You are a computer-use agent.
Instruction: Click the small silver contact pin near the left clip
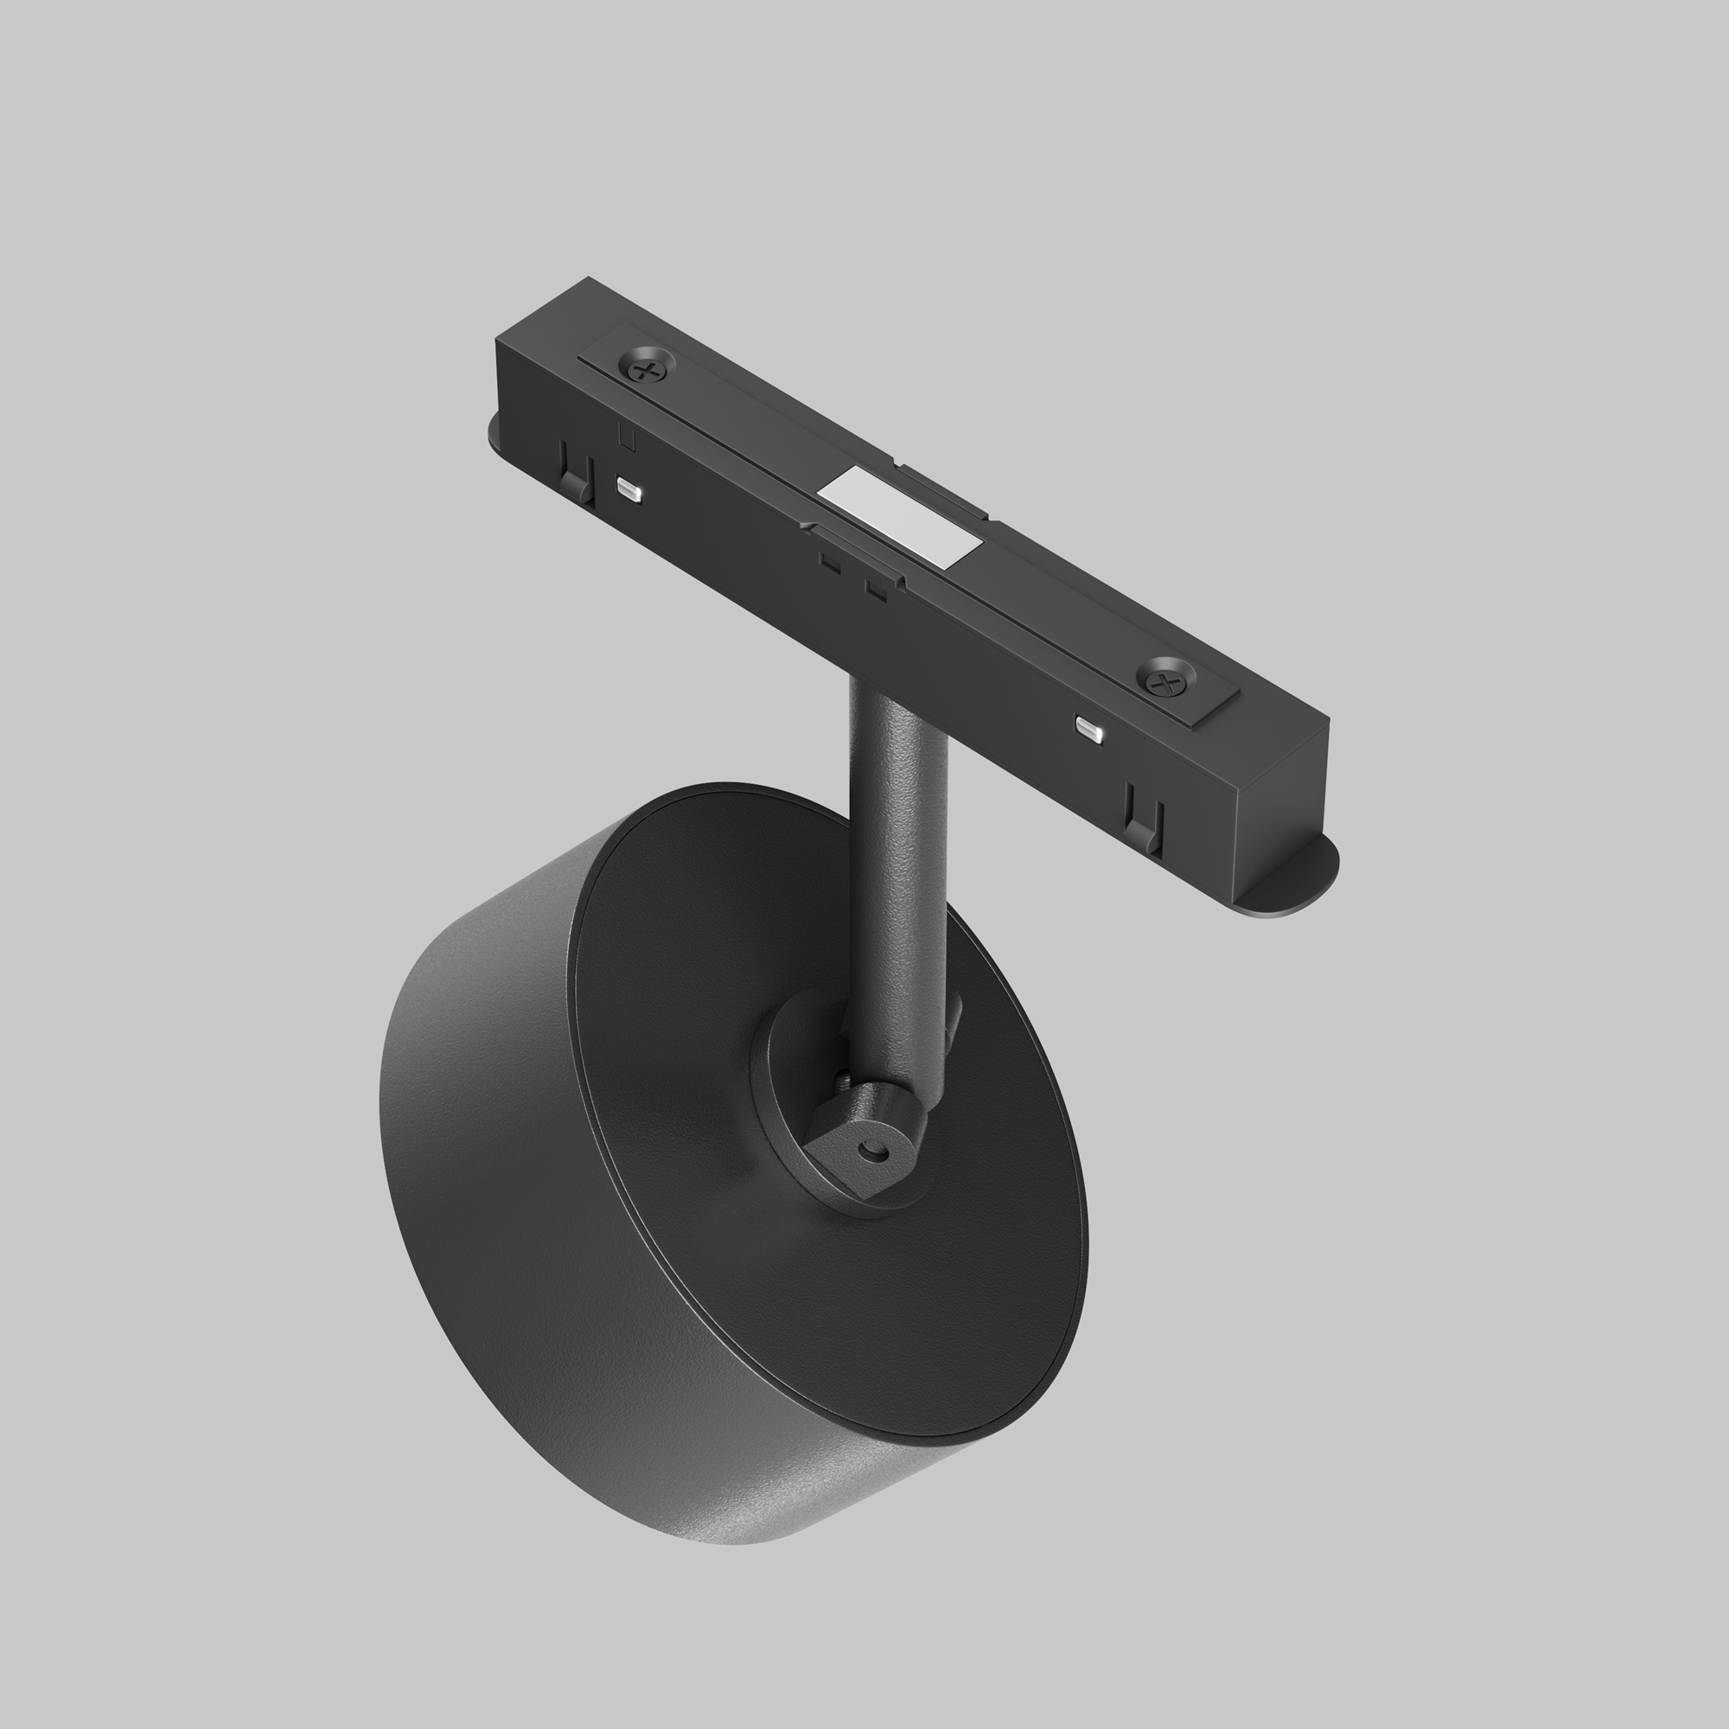coord(629,490)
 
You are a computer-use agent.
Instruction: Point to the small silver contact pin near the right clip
coord(1090,730)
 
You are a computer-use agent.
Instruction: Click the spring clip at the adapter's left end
coord(577,475)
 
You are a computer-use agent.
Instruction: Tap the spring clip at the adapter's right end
coord(1144,817)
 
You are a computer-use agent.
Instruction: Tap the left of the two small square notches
coord(830,564)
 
